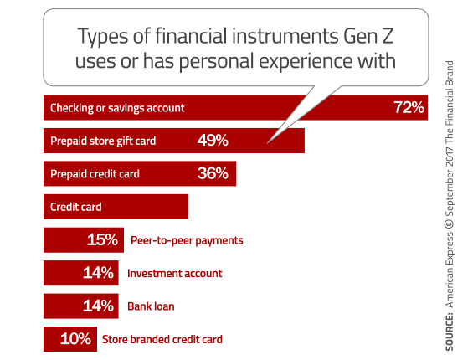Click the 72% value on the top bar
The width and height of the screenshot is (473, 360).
point(409,107)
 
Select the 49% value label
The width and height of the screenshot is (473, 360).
point(213,140)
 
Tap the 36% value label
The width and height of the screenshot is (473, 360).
point(213,173)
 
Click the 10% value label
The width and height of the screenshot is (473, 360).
point(76,339)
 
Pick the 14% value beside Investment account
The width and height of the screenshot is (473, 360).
point(98,273)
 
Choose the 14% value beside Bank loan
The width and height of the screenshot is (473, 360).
point(98,306)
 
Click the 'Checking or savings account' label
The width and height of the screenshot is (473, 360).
point(117,108)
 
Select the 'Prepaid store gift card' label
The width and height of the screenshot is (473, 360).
point(103,141)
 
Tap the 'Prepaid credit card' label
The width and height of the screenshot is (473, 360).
point(95,174)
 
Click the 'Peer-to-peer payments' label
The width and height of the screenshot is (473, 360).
point(187,240)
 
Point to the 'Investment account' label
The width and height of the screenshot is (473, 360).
point(174,273)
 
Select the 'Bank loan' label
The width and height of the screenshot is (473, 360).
point(152,306)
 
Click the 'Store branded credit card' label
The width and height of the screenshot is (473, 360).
point(162,339)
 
